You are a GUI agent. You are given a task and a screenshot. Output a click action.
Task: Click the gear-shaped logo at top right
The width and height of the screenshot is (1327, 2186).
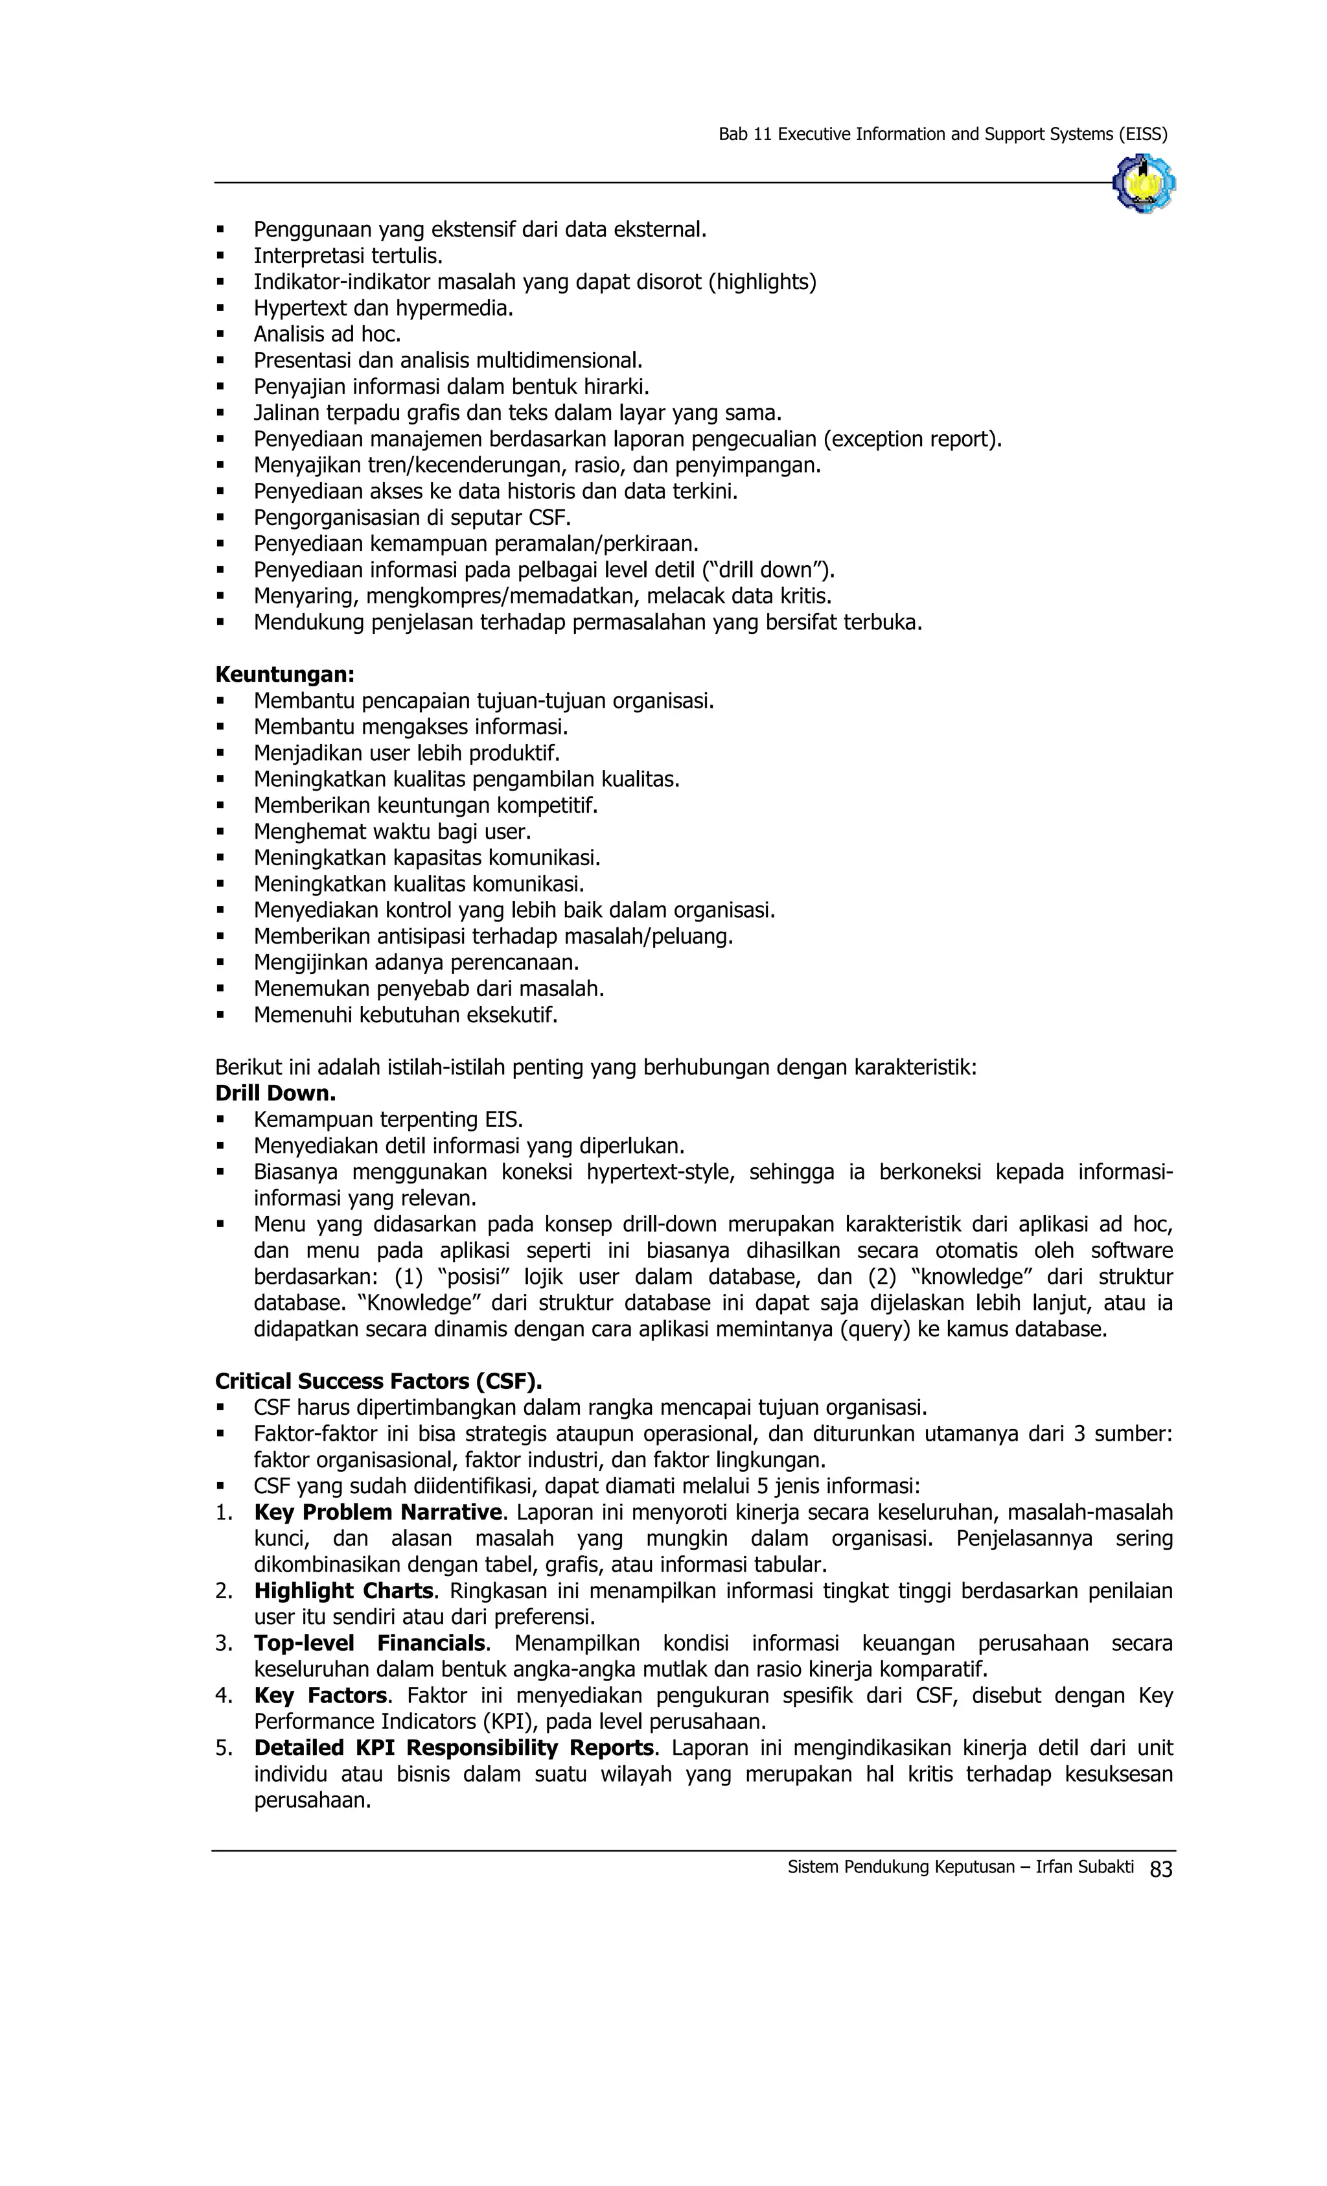pyautogui.click(x=1144, y=183)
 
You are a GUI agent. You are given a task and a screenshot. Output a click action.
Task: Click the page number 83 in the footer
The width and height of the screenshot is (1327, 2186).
pyautogui.click(x=1160, y=1869)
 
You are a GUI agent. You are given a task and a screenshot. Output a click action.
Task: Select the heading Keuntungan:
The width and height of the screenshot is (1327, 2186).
pyautogui.click(x=284, y=675)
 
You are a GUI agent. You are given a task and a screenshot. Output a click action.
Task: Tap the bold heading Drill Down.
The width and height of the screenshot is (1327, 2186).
pyautogui.click(x=275, y=1093)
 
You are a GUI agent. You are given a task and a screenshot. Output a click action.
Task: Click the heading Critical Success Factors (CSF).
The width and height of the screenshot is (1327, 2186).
pyautogui.click(x=378, y=1381)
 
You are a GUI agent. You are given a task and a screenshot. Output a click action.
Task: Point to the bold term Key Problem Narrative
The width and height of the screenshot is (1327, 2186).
pyautogui.click(x=378, y=1512)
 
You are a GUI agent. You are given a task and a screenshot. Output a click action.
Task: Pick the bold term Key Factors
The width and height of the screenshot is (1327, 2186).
pyautogui.click(x=320, y=1695)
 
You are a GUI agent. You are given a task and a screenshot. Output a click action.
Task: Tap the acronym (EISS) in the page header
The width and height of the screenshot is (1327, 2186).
pyautogui.click(x=1142, y=135)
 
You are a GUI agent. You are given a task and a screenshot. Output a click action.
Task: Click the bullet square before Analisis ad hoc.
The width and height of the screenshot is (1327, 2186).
pyautogui.click(x=221, y=335)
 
